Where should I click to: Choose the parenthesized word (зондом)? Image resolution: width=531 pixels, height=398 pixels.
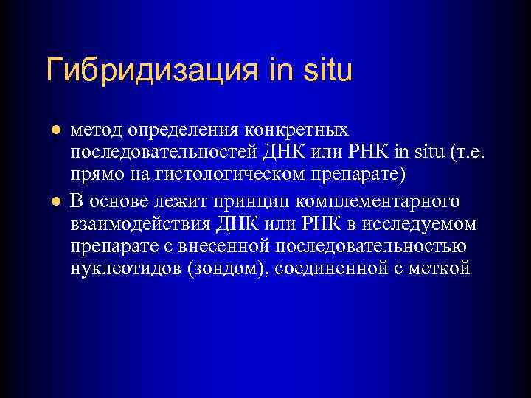point(228,270)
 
